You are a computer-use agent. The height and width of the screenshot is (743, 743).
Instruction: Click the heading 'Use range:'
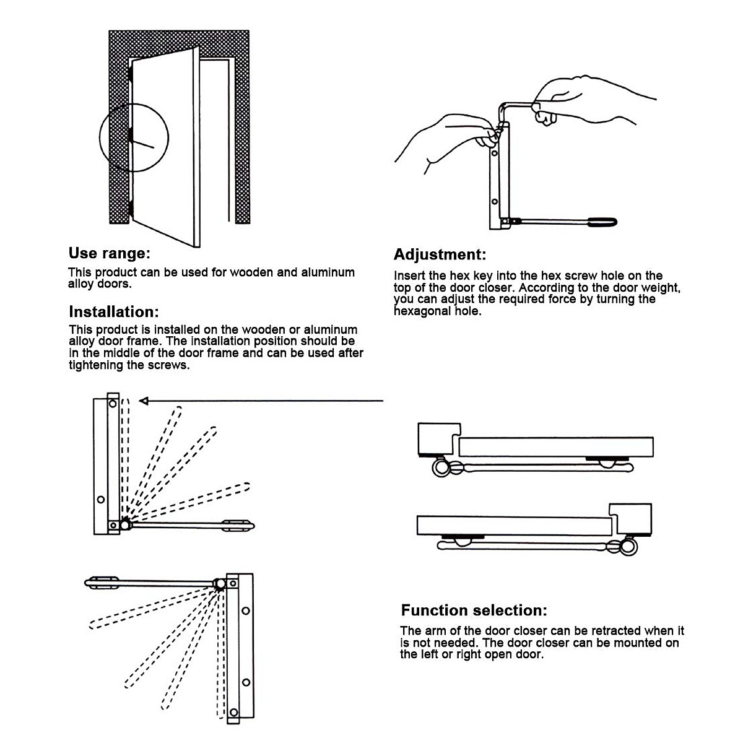pos(109,253)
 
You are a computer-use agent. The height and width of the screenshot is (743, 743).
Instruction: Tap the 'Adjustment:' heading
pos(440,254)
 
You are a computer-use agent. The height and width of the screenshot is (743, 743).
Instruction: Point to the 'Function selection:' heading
pos(474,610)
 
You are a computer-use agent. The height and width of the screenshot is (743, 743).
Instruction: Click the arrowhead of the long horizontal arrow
pos(144,401)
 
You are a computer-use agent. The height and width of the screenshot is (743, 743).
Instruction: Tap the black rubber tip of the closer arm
pos(601,221)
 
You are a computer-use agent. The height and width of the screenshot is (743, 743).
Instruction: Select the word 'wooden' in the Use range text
pos(252,272)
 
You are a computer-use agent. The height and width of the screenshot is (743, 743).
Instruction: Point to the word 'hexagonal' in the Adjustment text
pos(421,311)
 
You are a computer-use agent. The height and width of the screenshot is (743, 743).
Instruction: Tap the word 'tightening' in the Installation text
pos(95,365)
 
